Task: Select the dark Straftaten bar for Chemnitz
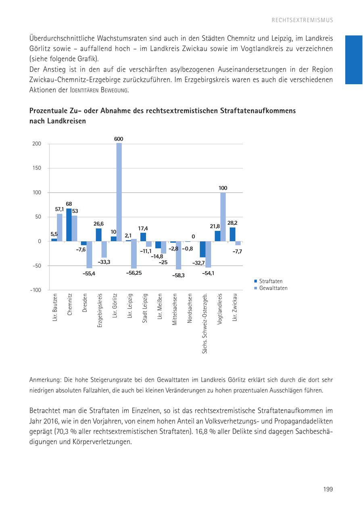(69, 225)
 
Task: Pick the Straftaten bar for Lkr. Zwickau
(232, 234)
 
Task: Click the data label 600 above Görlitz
(119, 139)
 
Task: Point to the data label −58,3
(178, 276)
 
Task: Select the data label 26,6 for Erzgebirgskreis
(98, 224)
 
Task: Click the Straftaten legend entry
(271, 281)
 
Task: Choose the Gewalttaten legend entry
(273, 288)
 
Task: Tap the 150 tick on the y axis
(37, 168)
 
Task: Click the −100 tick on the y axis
(35, 290)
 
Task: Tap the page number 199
(328, 489)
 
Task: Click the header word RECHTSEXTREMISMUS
(302, 20)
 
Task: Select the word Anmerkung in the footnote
(44, 380)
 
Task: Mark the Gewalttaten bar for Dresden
(90, 255)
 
